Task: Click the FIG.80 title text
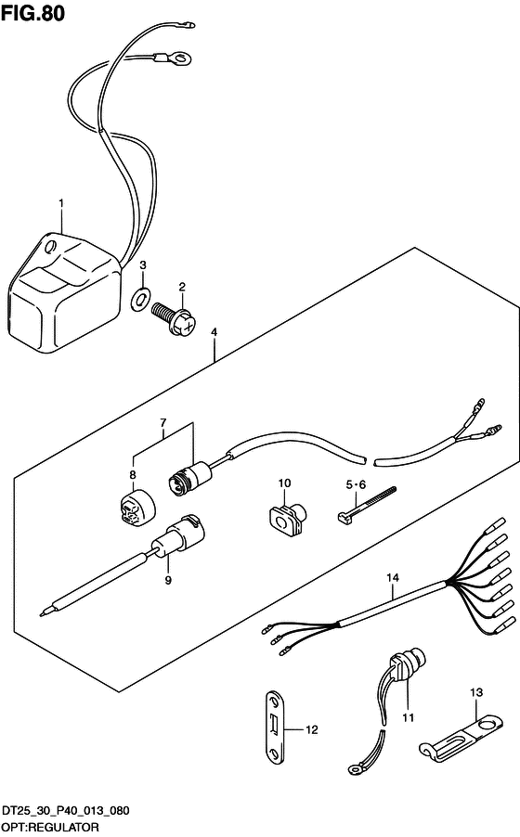point(32,13)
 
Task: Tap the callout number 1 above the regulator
point(61,203)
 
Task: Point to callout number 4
point(214,332)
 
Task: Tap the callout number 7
point(163,423)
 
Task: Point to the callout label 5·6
point(356,484)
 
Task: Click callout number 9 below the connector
point(168,580)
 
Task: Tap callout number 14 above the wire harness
point(393,577)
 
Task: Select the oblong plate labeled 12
point(275,727)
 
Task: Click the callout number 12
point(312,729)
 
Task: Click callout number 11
point(409,717)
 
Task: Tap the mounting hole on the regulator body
point(51,247)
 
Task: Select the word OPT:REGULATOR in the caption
point(50,827)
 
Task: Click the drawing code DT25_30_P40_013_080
point(65,811)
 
